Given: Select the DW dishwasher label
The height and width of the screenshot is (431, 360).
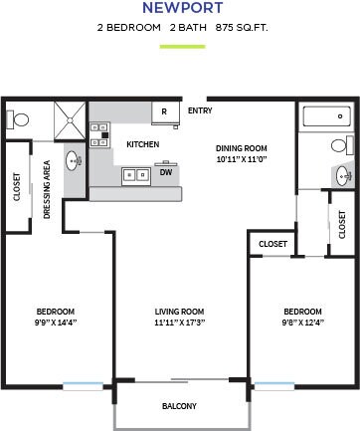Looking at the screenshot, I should [x=165, y=172].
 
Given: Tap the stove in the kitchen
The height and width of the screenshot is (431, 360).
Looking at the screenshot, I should [x=98, y=134].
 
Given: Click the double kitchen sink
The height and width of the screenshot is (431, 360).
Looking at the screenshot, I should [x=134, y=175].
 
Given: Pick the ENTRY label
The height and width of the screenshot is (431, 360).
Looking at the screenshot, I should [x=200, y=110].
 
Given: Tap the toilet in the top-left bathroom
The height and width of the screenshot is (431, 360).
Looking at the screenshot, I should [x=20, y=118].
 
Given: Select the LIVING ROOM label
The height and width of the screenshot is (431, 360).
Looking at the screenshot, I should [x=179, y=311].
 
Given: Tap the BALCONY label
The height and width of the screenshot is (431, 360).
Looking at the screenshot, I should [x=179, y=405].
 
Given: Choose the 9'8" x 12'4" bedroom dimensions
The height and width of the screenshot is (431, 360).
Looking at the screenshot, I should [x=301, y=323].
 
